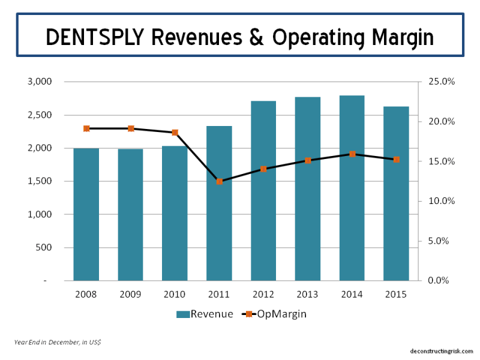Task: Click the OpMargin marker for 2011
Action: click(x=220, y=181)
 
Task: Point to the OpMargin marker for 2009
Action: click(x=131, y=128)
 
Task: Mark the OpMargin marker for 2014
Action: click(x=352, y=154)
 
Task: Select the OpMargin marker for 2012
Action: click(x=263, y=169)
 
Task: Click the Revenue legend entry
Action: click(x=205, y=314)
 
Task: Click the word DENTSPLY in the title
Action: click(x=97, y=37)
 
